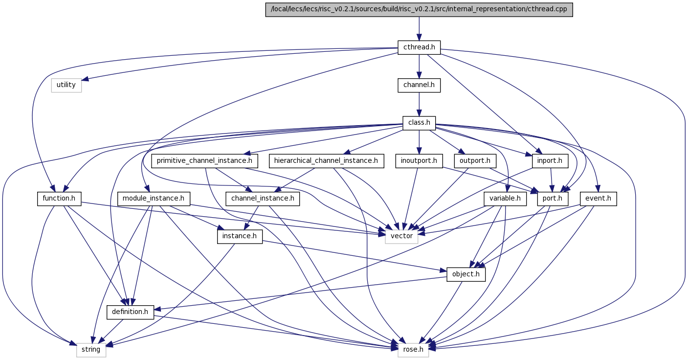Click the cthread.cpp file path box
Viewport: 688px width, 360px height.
419,9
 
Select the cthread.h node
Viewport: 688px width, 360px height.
419,47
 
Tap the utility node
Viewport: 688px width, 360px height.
67,86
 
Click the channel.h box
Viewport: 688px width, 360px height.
419,86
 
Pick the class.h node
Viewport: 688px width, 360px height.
419,123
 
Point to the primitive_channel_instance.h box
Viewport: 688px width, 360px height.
204,161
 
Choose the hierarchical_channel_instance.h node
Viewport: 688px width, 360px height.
326,161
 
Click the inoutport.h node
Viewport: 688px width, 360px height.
419,161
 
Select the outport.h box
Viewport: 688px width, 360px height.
475,161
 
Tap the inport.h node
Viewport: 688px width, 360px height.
550,161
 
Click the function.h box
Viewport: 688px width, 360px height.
59,199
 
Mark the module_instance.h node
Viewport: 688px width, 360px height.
154,199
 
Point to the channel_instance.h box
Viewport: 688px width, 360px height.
263,199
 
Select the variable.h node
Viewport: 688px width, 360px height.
505,199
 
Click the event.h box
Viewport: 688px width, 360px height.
599,199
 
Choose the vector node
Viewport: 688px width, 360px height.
401,237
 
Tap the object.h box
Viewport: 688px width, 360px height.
466,274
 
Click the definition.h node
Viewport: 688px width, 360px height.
130,312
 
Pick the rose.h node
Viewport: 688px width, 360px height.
413,350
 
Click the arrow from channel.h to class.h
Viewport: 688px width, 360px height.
419,105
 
